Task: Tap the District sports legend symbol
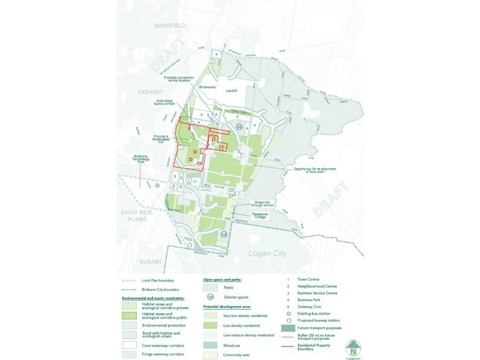click(211, 296)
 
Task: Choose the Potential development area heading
click(227, 305)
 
